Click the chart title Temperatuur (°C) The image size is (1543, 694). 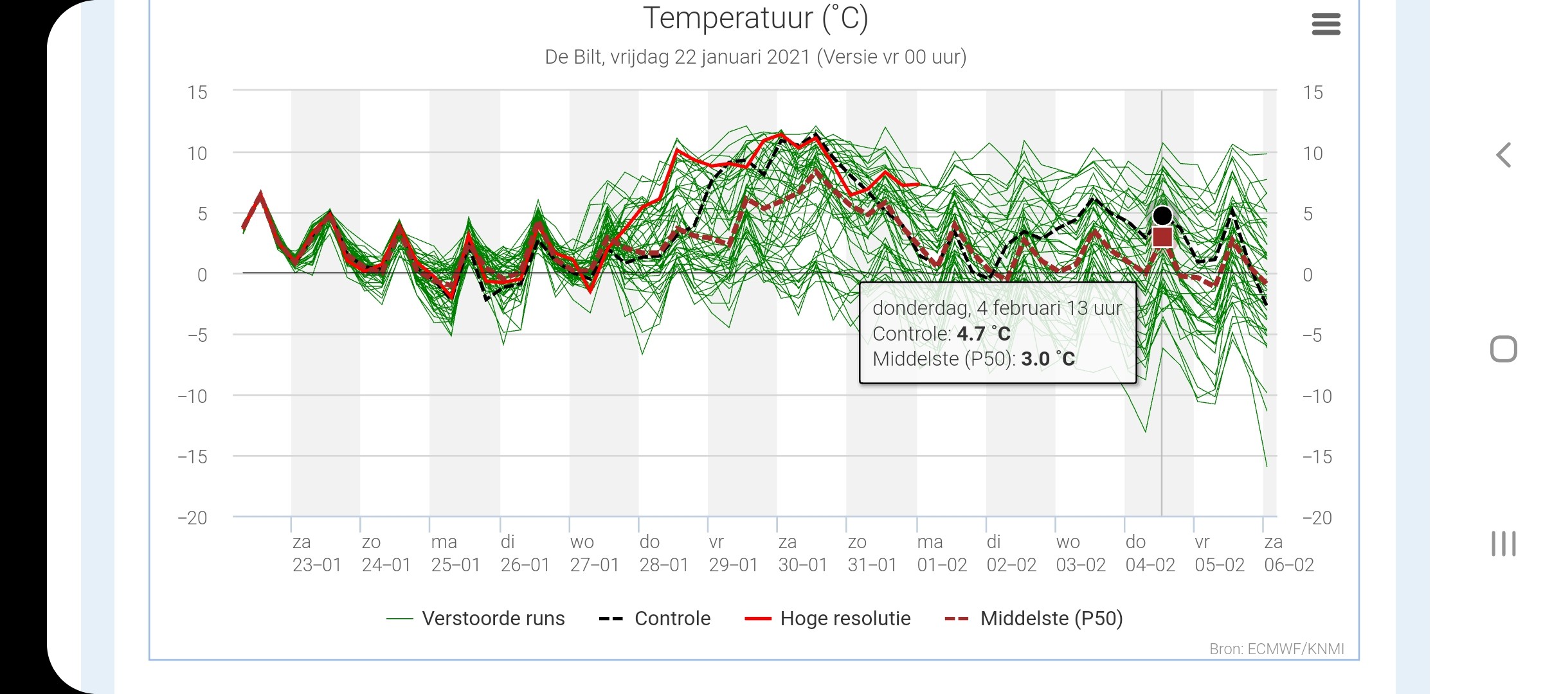coord(755,18)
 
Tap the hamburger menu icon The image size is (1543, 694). coord(1326,24)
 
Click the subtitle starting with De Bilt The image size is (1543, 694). coord(755,57)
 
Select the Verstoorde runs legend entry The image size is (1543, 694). coord(476,618)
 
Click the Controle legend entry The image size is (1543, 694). coord(654,618)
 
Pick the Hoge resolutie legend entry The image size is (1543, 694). coord(827,618)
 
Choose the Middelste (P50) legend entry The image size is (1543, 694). coord(1033,618)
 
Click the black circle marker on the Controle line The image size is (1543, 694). coord(1162,216)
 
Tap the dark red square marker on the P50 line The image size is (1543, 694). coord(1162,237)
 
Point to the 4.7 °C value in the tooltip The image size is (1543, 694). coord(984,334)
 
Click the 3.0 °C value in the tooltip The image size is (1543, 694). coord(1048,359)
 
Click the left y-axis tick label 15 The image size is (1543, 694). coord(197,93)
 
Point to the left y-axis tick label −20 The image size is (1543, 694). coord(192,517)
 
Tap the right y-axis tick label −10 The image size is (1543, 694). coord(1317,396)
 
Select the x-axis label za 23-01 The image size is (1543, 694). coord(316,553)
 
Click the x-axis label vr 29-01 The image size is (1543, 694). coord(733,553)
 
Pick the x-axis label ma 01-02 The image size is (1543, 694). coord(942,553)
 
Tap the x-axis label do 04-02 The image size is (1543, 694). coord(1150,553)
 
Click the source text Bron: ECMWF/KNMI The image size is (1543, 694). coord(1277,649)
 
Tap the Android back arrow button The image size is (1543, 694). coord(1504,155)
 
